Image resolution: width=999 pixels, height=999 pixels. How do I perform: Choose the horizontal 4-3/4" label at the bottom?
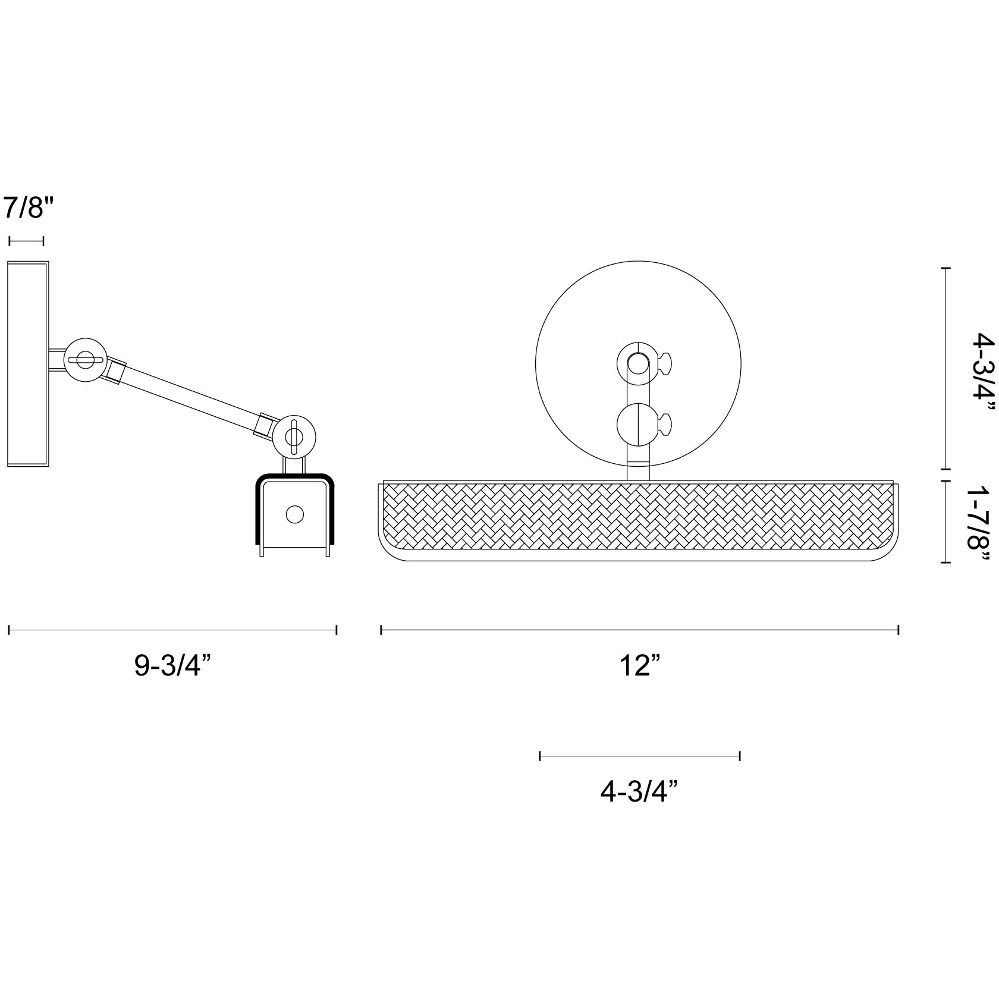(640, 792)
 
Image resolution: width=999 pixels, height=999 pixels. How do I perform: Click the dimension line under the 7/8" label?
(26, 241)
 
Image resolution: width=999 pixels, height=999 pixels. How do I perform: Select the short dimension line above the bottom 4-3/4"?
(640, 756)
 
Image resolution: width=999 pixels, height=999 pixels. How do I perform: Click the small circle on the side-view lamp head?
(294, 514)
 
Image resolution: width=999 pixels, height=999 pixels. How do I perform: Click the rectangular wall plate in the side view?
(28, 365)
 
